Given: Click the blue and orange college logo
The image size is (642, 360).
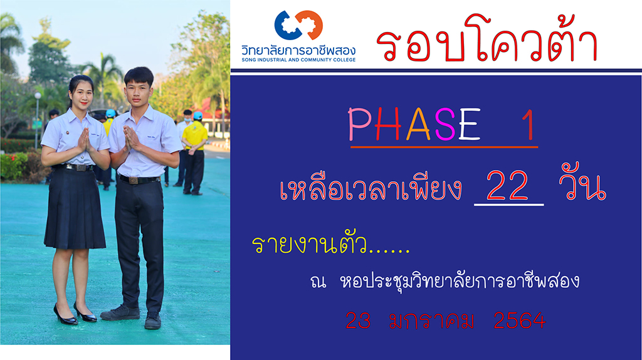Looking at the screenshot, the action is coord(298,25).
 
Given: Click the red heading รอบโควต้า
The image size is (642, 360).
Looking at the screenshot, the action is coord(487,40).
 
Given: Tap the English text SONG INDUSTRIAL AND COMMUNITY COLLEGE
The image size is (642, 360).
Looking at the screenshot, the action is coord(298,60).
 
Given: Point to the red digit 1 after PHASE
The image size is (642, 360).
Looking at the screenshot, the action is coord(529,125).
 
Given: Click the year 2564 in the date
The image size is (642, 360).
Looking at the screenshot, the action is coord(520,320).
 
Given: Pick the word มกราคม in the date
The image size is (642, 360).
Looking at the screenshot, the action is coord(431,320).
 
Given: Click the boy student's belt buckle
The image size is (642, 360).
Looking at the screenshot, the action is coord(133,180).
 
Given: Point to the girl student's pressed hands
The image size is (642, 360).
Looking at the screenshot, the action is coord(85,140).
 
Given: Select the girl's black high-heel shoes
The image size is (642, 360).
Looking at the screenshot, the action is coord(75,314).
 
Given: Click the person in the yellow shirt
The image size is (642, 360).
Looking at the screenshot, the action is coord(194,152).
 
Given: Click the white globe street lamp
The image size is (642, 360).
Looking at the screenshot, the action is coord(38,95).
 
